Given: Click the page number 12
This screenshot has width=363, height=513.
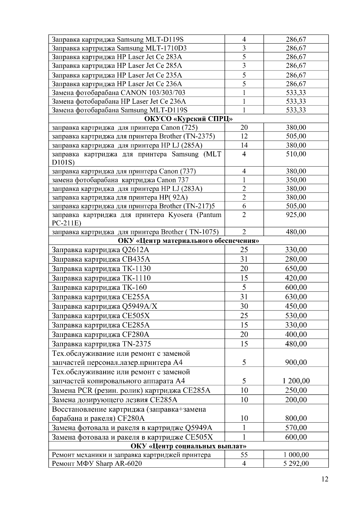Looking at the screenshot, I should click(x=325, y=479).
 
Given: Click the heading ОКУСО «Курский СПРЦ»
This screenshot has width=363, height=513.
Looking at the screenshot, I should click(x=188, y=119).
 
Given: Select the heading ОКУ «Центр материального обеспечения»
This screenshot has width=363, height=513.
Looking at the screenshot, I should click(x=188, y=241).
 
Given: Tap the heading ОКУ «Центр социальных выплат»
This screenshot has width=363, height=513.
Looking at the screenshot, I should click(x=188, y=446).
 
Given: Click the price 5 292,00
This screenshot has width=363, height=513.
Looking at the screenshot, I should click(x=296, y=463).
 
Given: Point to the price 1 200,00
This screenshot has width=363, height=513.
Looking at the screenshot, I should click(x=296, y=381).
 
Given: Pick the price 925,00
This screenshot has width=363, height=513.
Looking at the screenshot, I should click(x=296, y=215).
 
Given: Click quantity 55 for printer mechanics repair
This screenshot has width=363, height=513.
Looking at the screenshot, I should click(x=244, y=455).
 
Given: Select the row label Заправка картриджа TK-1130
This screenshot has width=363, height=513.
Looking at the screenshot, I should click(x=101, y=268).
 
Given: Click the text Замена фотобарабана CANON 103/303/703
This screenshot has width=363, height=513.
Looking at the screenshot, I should click(x=119, y=93).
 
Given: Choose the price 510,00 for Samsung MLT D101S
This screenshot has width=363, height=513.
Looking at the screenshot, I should click(x=296, y=154).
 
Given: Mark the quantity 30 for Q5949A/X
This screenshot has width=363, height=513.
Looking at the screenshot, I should click(x=244, y=306).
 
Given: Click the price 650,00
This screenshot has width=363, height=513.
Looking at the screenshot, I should click(x=296, y=268).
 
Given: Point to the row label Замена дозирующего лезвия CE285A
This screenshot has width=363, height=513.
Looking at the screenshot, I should click(x=115, y=400).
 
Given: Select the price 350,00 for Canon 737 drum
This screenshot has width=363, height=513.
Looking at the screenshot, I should click(x=296, y=180).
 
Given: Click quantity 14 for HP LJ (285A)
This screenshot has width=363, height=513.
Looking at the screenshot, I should click(x=244, y=145).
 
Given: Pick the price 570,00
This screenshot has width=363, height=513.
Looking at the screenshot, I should click(x=296, y=427).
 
